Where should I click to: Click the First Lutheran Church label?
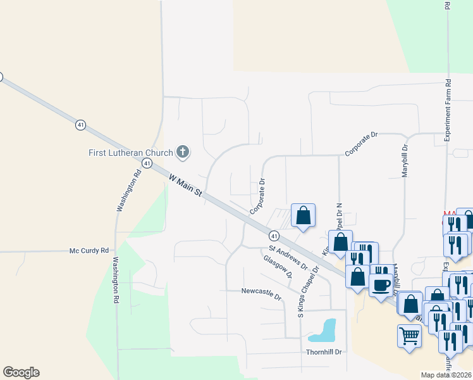click(130, 153)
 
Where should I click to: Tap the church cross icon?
click(183, 151)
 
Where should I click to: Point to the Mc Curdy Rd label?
click(89, 251)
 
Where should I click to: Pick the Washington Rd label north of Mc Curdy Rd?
click(127, 189)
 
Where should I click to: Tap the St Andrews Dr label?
click(288, 256)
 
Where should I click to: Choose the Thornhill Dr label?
click(324, 351)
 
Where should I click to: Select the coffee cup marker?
click(381, 285)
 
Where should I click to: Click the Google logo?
click(21, 372)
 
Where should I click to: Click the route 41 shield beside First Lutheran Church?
click(147, 163)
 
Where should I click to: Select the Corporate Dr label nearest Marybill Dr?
click(360, 144)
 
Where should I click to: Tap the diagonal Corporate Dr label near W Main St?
click(257, 196)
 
